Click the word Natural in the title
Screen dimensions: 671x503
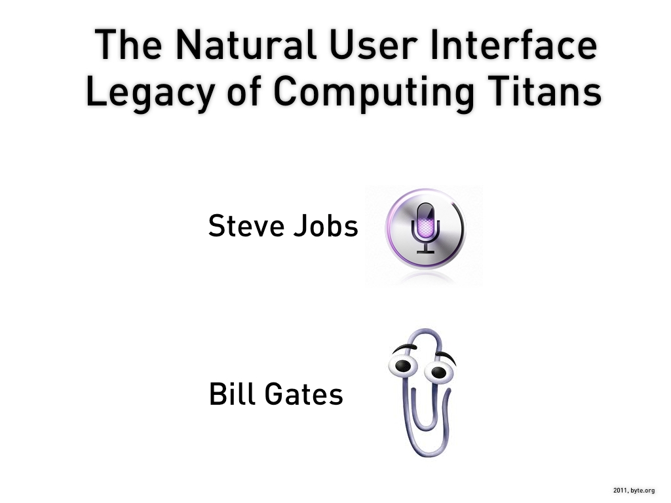pos(246,45)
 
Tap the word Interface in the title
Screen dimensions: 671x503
pos(513,44)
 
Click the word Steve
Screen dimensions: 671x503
pos(245,226)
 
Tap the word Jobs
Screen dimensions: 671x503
pos(326,226)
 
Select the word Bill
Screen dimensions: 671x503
pos(233,394)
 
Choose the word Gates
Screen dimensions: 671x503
pos(304,394)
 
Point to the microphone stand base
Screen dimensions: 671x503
pos(425,251)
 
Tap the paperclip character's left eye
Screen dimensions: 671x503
pos(403,365)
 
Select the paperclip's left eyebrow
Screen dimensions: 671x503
pos(404,347)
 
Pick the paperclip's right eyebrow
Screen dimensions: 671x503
pos(446,356)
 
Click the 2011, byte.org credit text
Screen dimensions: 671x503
pos(634,491)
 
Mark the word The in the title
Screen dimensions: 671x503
pos(128,45)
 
